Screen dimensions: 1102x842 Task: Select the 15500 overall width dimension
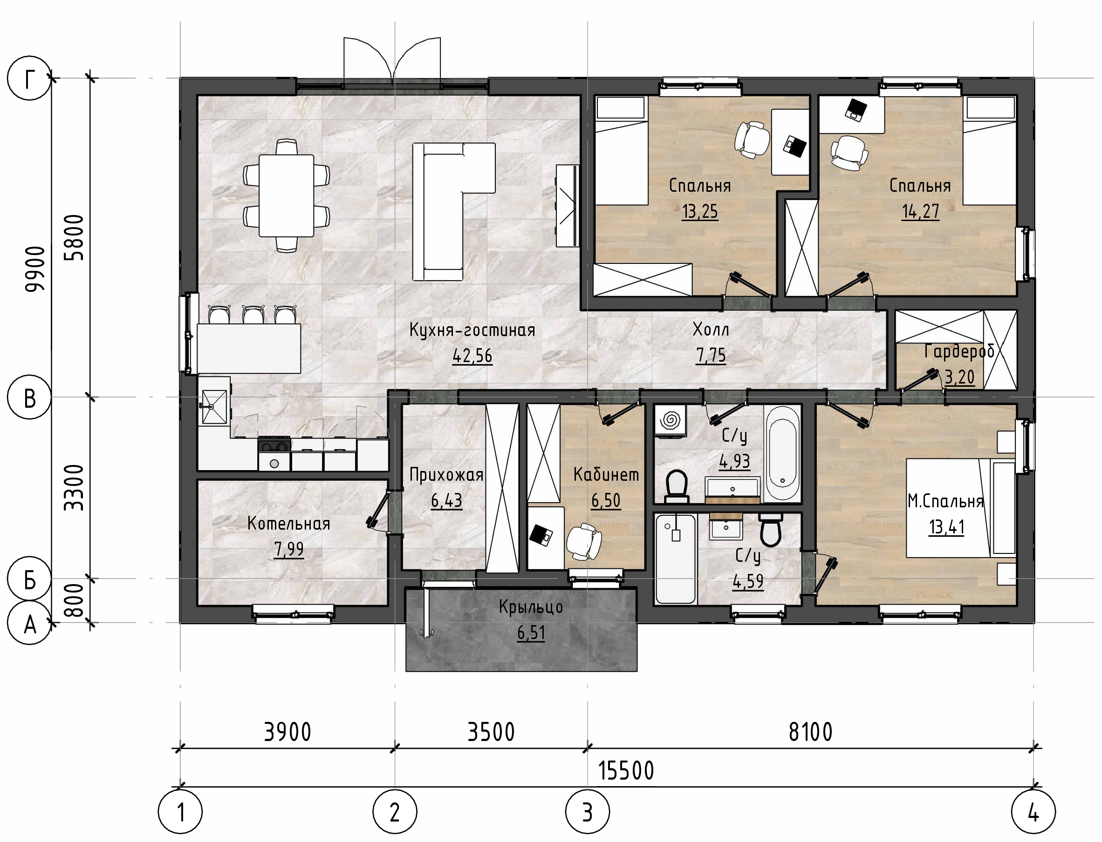click(x=626, y=771)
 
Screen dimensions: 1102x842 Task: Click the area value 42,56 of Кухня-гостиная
click(x=472, y=356)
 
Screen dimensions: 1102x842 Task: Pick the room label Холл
click(x=711, y=329)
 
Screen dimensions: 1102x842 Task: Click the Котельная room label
click(x=289, y=523)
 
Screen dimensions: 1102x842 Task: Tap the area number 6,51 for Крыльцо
click(x=531, y=633)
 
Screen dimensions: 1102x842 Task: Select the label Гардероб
click(x=959, y=351)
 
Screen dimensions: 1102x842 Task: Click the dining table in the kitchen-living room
click(x=287, y=195)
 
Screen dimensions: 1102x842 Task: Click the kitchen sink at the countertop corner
click(x=214, y=406)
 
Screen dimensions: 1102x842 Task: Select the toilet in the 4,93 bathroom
click(x=676, y=486)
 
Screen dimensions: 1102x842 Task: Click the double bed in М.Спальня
click(x=960, y=508)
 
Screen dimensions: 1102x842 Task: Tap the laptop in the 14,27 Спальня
click(x=856, y=110)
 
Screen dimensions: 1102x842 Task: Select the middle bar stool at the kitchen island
click(x=253, y=314)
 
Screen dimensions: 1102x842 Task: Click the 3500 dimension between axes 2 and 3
click(x=491, y=733)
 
